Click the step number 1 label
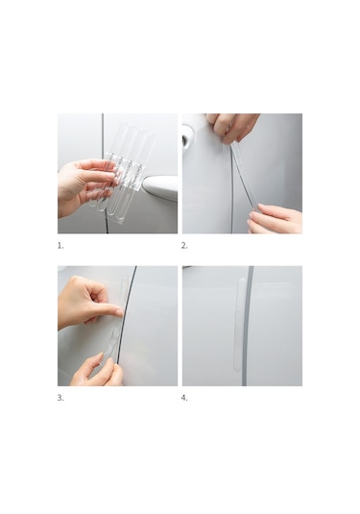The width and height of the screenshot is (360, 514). click(60, 246)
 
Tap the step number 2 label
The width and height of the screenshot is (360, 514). click(184, 246)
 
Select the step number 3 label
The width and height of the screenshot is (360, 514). click(60, 398)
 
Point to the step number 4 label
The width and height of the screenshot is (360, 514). click(184, 398)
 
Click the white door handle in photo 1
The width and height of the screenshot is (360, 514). click(160, 185)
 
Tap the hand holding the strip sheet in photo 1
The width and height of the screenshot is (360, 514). click(82, 185)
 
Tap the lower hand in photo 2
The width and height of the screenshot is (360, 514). click(276, 219)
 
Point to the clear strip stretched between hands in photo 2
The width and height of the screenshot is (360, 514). click(244, 175)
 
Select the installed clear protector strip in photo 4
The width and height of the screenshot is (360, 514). click(239, 325)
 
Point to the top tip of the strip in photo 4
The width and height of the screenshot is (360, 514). click(242, 278)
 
